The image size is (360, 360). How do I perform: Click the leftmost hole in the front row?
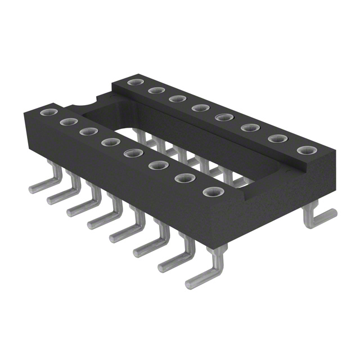pyautogui.click(x=45, y=112)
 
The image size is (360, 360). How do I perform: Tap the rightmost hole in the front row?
pyautogui.click(x=212, y=192)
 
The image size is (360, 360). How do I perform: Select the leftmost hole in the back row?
pyautogui.click(x=133, y=83)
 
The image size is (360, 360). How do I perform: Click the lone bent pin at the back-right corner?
pyautogui.click(x=318, y=217)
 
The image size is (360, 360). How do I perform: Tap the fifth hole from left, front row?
pyautogui.click(x=131, y=152)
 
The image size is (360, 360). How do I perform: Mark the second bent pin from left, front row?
pyautogui.click(x=60, y=195)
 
